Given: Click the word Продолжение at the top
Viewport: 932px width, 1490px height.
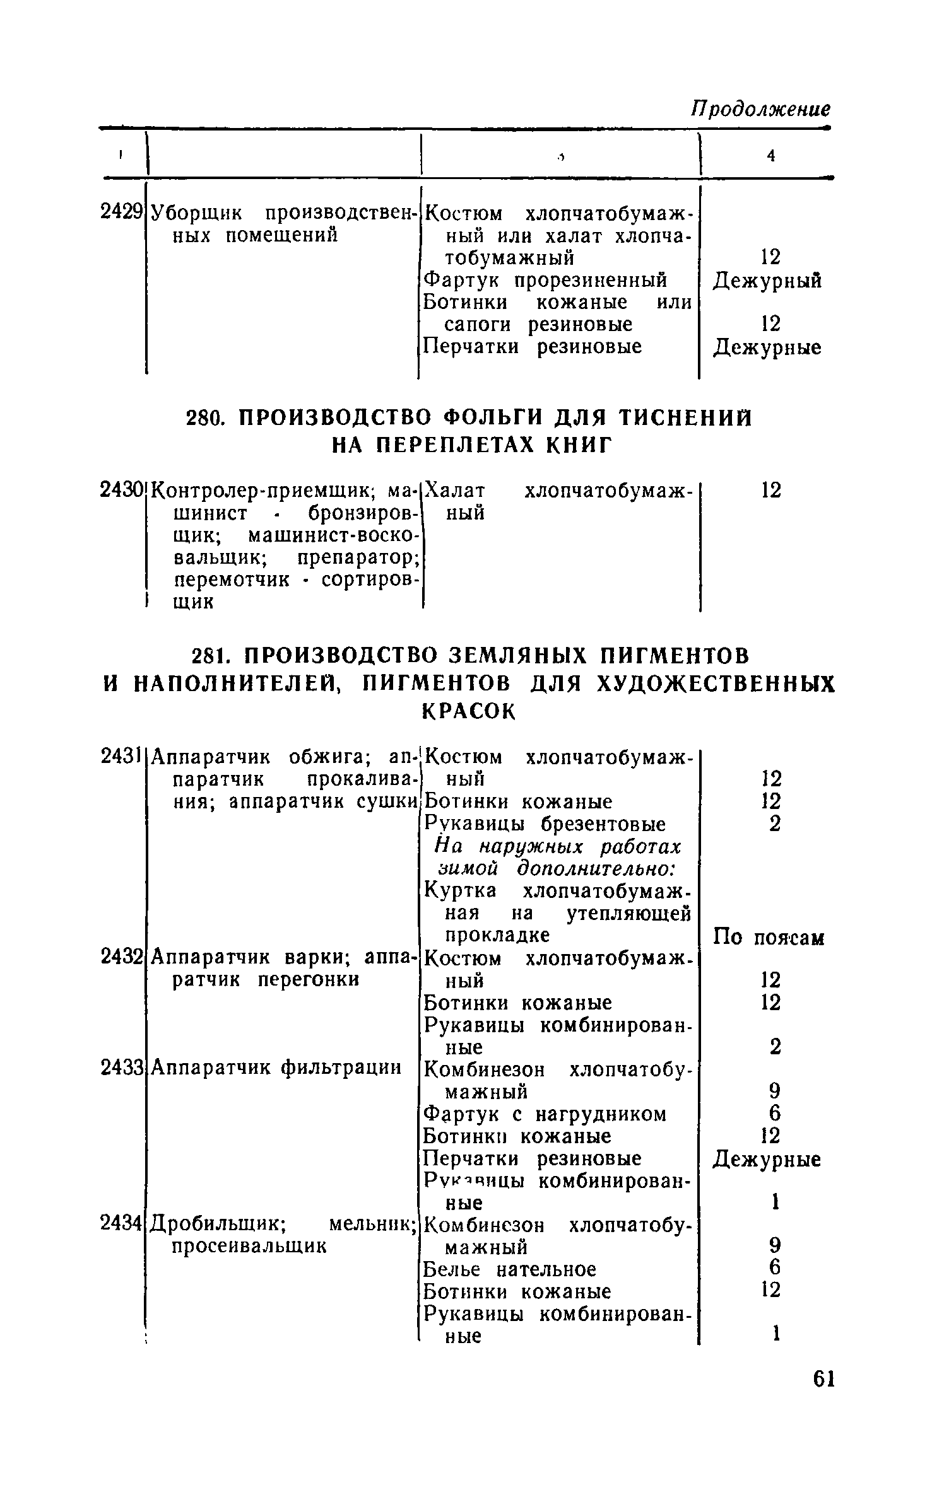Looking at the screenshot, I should coord(761,109).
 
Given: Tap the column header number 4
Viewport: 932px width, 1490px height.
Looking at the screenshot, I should coord(770,156).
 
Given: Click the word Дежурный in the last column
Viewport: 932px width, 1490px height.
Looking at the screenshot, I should coord(767,280).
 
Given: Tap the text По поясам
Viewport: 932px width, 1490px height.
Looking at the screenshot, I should coord(769,938).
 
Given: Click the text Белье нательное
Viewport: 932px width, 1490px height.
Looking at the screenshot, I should coord(510,1269).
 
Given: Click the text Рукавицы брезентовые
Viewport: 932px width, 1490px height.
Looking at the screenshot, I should coord(545,824).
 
